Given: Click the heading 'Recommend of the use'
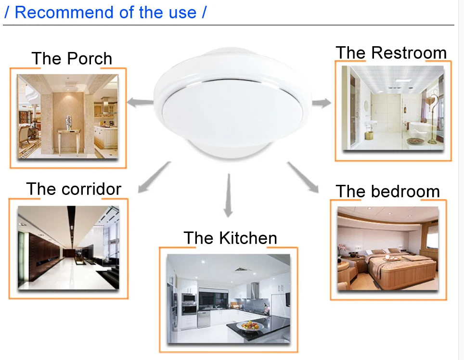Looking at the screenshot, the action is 105,13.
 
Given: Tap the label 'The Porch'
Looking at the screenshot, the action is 72,58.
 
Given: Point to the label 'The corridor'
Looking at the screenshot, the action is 74,189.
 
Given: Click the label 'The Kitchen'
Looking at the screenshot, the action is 230,238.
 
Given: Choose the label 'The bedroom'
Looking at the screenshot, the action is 388,191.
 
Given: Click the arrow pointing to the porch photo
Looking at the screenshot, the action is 140,103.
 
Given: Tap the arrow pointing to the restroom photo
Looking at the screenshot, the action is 322,103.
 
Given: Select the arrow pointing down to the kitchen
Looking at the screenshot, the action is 228,195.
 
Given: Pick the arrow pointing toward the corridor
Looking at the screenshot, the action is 154,177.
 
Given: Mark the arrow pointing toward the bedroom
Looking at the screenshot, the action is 303,177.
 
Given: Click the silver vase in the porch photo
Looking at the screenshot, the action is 69,122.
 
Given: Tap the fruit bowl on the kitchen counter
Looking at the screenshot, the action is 250,326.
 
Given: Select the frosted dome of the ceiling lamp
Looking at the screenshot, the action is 232,114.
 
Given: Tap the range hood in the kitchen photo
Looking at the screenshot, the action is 255,290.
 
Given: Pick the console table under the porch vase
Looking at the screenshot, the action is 69,141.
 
